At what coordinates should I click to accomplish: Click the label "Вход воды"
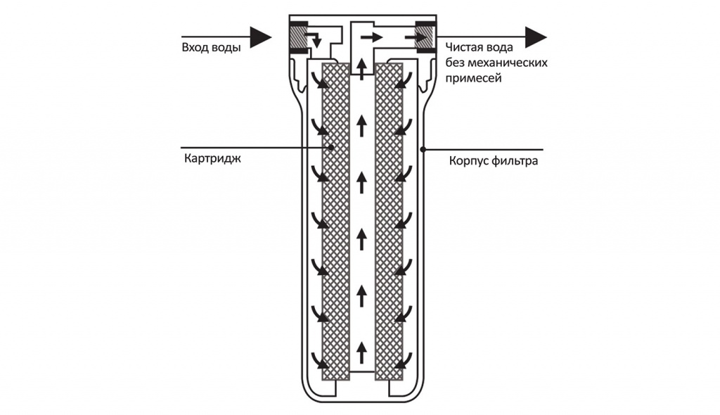[211, 48]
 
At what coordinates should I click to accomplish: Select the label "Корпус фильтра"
[494, 161]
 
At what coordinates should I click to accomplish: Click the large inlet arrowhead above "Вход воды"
[260, 37]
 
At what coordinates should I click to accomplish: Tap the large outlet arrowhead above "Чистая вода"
[536, 37]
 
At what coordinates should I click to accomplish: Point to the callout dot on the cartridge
[330, 148]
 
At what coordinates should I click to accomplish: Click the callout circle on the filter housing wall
[423, 148]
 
